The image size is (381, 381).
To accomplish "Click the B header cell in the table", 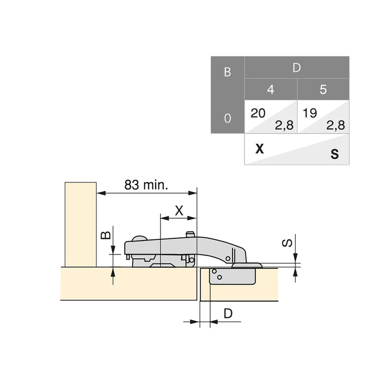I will point(228,71).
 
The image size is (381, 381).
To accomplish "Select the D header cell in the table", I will point(297,67).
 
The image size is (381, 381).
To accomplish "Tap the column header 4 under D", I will point(271,89).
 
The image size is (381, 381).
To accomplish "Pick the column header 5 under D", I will point(323,89).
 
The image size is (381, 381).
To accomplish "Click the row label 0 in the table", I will point(228,118).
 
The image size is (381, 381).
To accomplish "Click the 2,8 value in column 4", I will point(284,125).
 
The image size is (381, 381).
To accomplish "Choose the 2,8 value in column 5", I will point(335,125).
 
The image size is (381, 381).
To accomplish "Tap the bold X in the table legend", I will point(260,149).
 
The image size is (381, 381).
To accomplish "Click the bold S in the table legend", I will point(334,155).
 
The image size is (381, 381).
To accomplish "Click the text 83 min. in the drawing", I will point(146,185).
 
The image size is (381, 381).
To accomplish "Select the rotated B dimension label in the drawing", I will point(107,235).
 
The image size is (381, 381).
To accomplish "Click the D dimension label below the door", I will point(228,313).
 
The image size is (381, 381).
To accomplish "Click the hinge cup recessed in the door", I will point(232,276).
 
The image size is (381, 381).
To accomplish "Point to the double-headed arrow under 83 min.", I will point(146,193).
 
